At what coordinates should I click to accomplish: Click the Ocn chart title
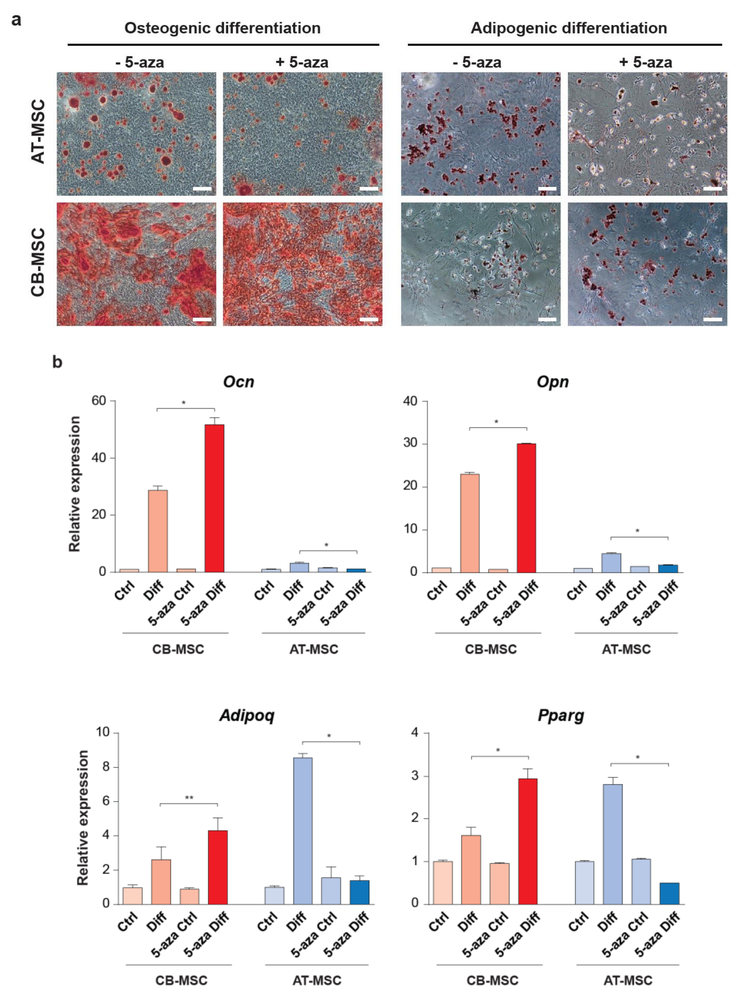pos(238,382)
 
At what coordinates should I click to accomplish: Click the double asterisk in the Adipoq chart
pos(189,798)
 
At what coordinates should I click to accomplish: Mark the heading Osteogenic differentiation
pos(222,28)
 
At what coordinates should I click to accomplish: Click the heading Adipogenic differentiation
pos(569,28)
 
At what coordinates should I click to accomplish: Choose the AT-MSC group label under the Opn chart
pos(626,650)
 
